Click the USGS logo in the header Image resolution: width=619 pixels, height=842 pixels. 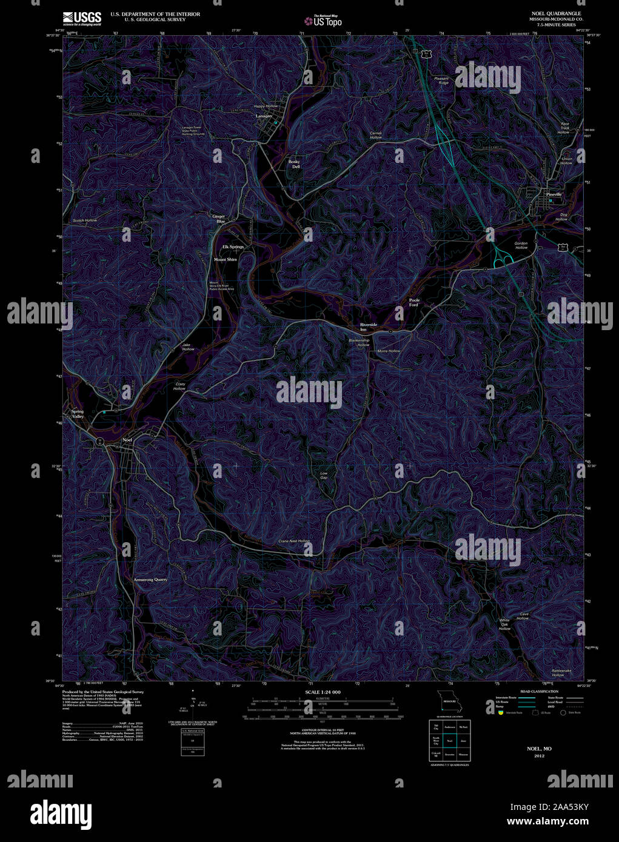(x=82, y=18)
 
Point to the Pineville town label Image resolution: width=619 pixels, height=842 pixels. (x=554, y=194)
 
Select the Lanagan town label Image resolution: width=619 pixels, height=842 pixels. (x=264, y=116)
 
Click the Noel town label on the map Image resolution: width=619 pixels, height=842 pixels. (x=127, y=439)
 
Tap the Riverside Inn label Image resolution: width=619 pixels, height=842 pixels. (x=368, y=327)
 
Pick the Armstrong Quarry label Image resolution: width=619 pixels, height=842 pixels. (x=150, y=579)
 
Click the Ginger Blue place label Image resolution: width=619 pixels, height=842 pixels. (x=218, y=219)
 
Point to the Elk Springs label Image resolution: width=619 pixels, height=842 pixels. (x=233, y=247)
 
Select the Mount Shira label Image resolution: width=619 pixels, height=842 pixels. (x=226, y=259)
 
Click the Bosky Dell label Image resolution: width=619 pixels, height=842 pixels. (x=294, y=164)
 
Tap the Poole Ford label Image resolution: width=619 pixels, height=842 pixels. (x=414, y=302)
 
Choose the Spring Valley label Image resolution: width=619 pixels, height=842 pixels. (x=78, y=414)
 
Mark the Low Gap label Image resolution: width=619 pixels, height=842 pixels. (x=324, y=475)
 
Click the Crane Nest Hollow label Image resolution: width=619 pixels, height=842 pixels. (x=294, y=540)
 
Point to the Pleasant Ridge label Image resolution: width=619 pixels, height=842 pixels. (x=441, y=80)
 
